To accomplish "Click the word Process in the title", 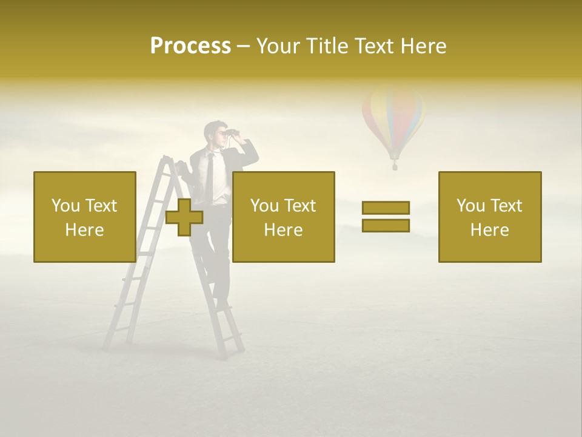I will [x=190, y=46].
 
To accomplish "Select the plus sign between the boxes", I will [x=184, y=217].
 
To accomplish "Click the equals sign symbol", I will [x=386, y=217].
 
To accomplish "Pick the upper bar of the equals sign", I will [x=386, y=208].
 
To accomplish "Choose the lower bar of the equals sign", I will [x=386, y=225].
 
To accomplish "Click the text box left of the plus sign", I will [x=85, y=217].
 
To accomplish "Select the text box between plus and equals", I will [x=283, y=217].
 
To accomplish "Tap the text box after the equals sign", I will [x=489, y=217].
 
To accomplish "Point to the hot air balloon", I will [x=393, y=118].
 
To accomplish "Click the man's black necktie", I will [x=209, y=176].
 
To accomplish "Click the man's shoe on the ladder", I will [x=222, y=303].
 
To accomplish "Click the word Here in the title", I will [x=423, y=46].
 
